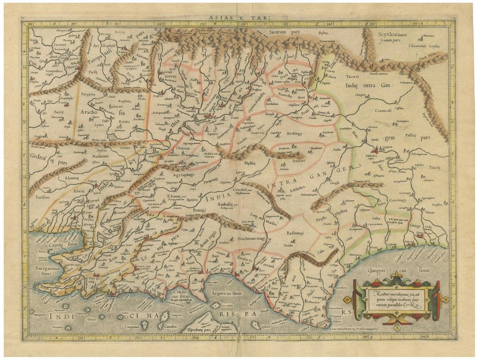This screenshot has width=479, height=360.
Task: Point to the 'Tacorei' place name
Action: (352, 77)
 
